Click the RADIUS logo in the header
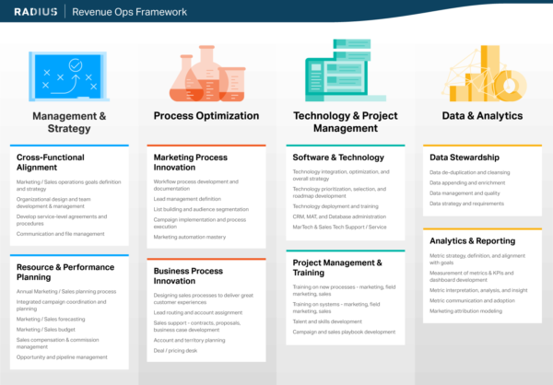coord(36,11)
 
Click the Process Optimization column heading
coord(206,116)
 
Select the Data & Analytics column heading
coord(482,116)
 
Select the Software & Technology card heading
coord(338,157)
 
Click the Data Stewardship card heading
coord(465,157)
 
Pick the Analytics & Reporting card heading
coord(473,240)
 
